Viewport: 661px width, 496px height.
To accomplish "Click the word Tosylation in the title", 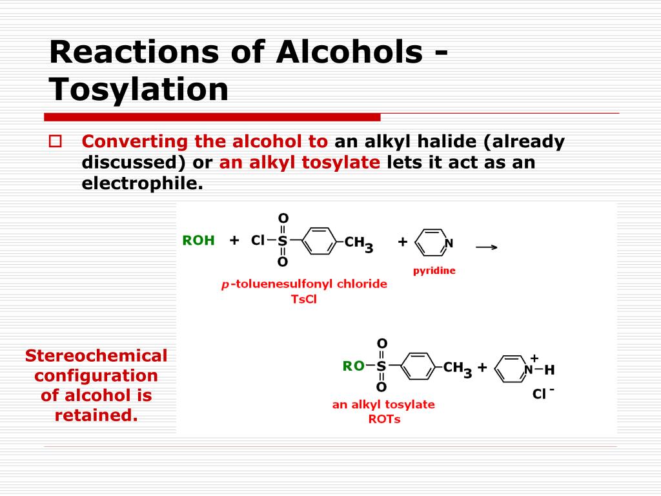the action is coord(139,90).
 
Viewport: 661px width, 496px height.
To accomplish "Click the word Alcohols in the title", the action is coord(349,52).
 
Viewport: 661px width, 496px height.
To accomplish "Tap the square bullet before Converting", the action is coord(56,141).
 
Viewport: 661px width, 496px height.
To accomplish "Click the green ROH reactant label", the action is coord(199,240).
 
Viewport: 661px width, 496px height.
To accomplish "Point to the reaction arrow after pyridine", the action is coord(487,247).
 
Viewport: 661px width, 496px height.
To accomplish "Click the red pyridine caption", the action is coord(434,271).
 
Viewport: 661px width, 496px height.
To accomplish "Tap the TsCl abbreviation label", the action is coord(303,299).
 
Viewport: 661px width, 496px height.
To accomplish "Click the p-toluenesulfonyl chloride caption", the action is coord(304,284).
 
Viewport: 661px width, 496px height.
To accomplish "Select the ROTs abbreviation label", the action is coord(384,418).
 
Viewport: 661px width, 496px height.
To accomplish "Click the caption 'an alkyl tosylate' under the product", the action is coord(383,404).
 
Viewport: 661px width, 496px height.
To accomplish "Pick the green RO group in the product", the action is coord(353,366).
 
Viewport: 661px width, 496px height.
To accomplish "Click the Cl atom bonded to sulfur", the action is coord(258,240).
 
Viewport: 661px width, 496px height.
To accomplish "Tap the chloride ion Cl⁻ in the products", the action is coord(543,393).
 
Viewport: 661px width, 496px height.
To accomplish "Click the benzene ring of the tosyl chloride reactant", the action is coord(319,241).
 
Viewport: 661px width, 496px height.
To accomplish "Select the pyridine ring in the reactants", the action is coord(432,242).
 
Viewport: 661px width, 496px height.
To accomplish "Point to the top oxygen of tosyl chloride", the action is coord(283,218).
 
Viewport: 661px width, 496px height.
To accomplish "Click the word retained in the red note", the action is coord(96,415).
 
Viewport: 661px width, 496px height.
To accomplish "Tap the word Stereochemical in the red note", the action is coord(96,356).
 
